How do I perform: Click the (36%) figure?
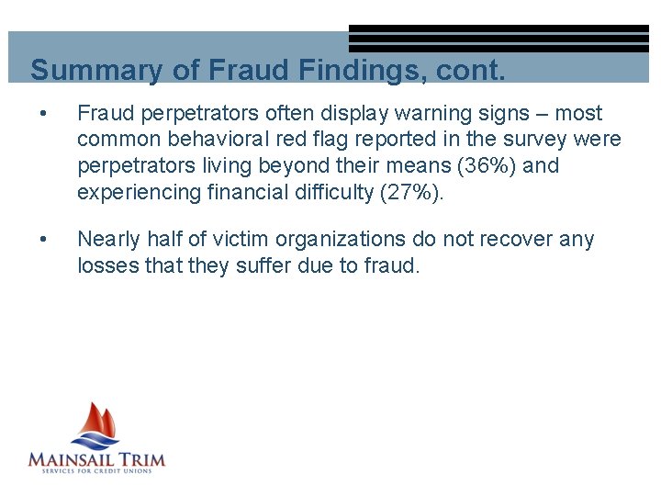484,166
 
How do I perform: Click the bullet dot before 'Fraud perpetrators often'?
38,114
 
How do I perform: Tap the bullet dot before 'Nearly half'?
38,240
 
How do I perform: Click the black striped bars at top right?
499,39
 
